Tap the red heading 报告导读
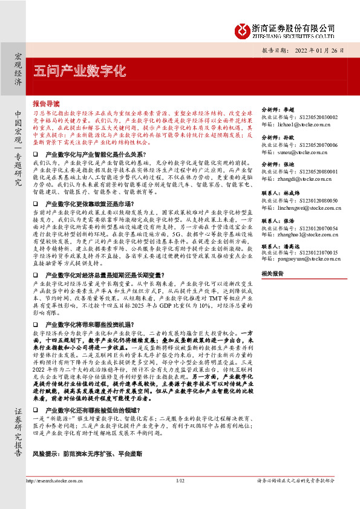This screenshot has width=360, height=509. point(46,103)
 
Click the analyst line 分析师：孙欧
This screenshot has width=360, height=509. point(277,137)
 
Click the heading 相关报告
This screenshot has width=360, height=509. point(272,273)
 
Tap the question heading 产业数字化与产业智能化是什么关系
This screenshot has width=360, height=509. point(100,155)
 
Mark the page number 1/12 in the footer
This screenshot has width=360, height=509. point(180,498)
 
